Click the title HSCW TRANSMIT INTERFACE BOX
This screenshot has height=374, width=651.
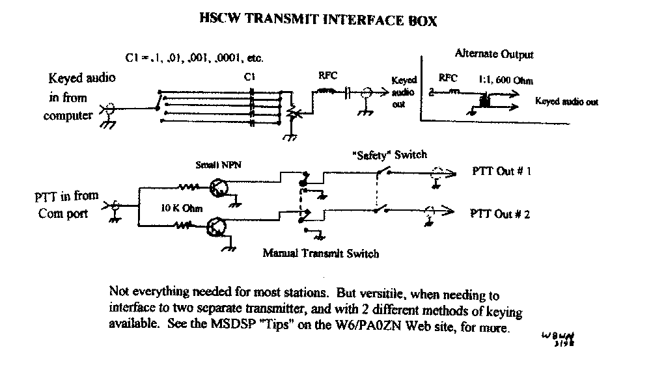click(x=317, y=20)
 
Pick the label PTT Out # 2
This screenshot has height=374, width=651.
click(x=501, y=213)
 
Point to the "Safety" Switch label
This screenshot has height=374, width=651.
click(x=390, y=154)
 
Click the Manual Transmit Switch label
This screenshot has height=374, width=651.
click(x=320, y=253)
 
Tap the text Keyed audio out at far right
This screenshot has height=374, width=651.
click(x=566, y=102)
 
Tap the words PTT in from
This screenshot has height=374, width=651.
click(x=67, y=196)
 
